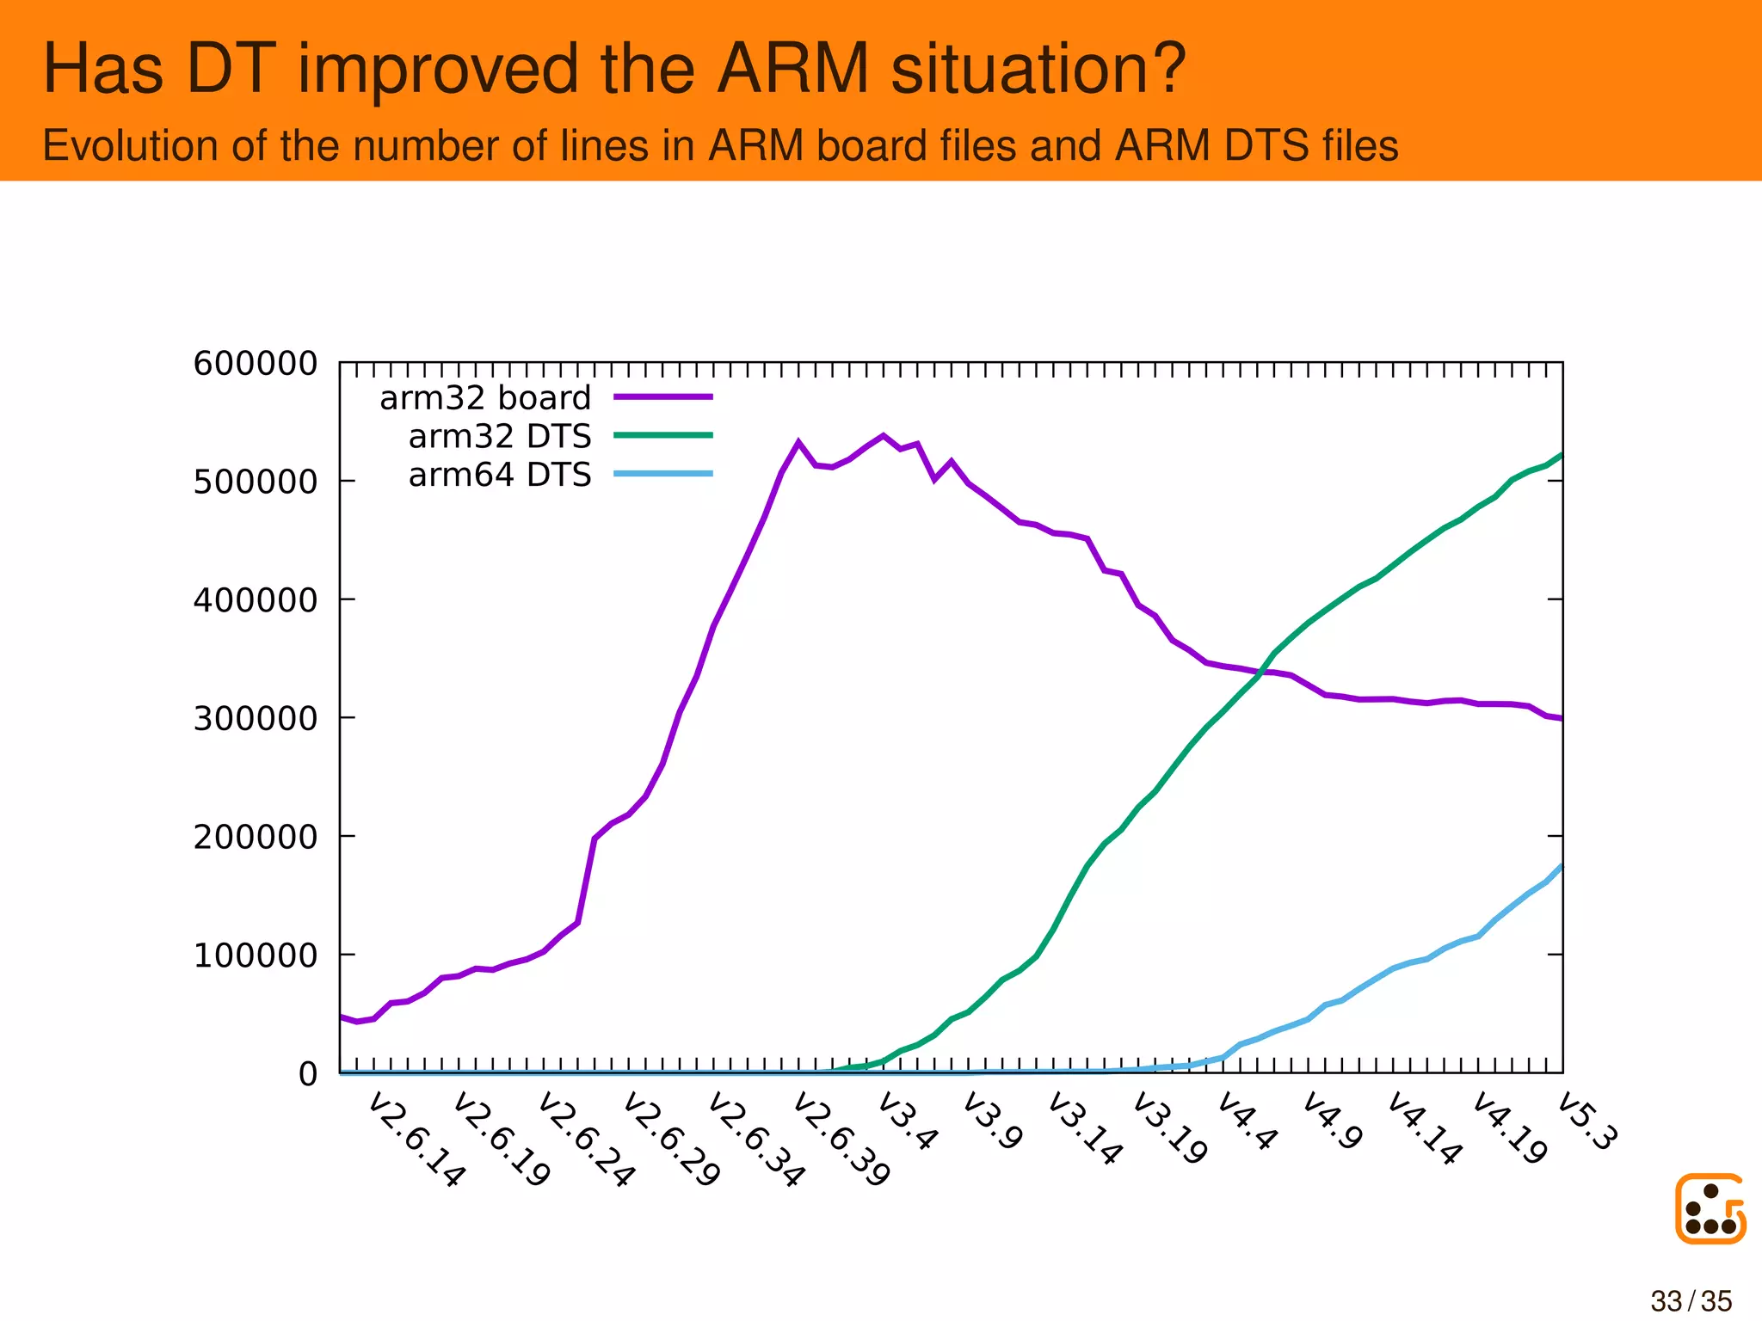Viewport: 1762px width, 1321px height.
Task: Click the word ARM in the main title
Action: coord(792,69)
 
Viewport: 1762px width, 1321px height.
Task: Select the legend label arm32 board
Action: coord(485,398)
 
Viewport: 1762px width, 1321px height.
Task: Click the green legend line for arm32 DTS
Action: coord(662,436)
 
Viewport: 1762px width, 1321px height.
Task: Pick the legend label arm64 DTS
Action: coord(500,475)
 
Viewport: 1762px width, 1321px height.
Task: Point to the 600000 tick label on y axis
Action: coord(255,364)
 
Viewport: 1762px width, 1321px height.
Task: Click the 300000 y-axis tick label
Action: coord(255,718)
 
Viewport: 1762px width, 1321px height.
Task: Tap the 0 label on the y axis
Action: coord(307,1074)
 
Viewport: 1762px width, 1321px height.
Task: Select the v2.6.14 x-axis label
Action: coord(416,1140)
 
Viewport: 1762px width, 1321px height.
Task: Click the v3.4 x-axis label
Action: coord(907,1121)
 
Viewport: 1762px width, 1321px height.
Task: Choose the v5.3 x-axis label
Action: coord(1587,1121)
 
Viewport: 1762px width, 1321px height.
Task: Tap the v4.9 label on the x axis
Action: coord(1332,1121)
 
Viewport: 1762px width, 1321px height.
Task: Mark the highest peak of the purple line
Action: coord(883,435)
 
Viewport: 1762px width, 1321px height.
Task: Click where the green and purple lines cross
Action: coord(1262,671)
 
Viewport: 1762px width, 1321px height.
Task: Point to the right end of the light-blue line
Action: coord(1560,867)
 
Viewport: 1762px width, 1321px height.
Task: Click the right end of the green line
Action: coord(1560,455)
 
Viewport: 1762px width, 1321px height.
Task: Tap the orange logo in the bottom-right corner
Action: coord(1710,1208)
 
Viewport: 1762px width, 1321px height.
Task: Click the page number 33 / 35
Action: coord(1691,1301)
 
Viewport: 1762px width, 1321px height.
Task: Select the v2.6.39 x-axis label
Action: coord(841,1140)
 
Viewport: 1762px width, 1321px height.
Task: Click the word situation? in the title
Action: coord(1038,69)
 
